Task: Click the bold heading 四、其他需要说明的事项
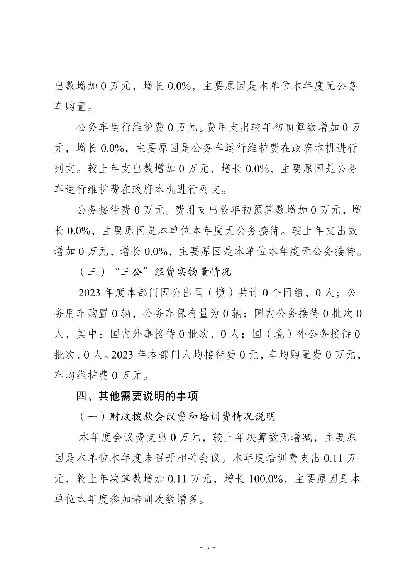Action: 137,396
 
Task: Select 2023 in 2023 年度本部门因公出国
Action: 89,293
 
